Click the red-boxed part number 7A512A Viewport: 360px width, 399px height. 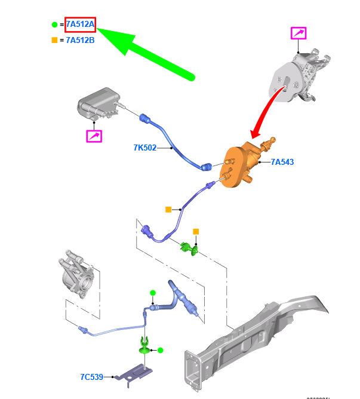[x=80, y=25]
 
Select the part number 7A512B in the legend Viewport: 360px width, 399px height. [x=80, y=40]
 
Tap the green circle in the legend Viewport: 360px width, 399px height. [x=54, y=25]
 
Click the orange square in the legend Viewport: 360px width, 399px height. [x=54, y=40]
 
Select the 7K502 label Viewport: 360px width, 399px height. [x=144, y=147]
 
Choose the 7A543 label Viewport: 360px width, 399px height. [x=282, y=162]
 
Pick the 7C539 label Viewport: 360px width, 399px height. [x=91, y=377]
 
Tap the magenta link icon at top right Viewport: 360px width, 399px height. [x=299, y=33]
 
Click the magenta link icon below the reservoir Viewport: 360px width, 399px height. [x=94, y=136]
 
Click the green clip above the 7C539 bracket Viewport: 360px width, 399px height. [x=145, y=346]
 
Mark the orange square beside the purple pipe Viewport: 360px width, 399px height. [x=169, y=210]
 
